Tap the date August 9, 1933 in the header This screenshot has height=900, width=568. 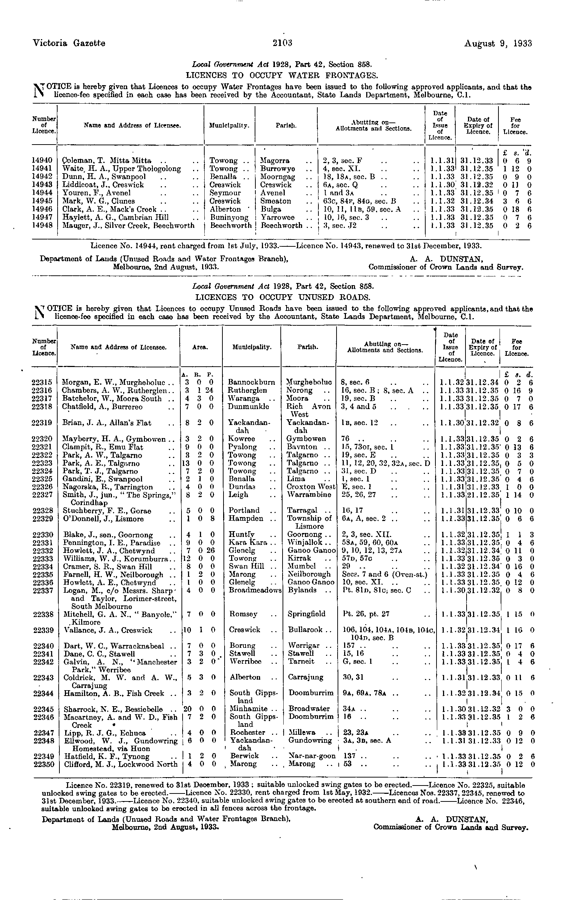click(498, 44)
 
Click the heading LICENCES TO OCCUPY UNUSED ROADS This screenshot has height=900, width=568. click(283, 297)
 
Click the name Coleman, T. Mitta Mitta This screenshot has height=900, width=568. click(106, 161)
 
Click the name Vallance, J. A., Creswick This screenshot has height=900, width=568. click(108, 630)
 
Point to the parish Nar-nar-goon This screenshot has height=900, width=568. click(312, 756)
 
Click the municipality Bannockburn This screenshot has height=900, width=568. click(251, 382)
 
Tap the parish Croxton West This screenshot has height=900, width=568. click(311, 487)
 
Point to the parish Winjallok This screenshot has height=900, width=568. click(305, 543)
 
